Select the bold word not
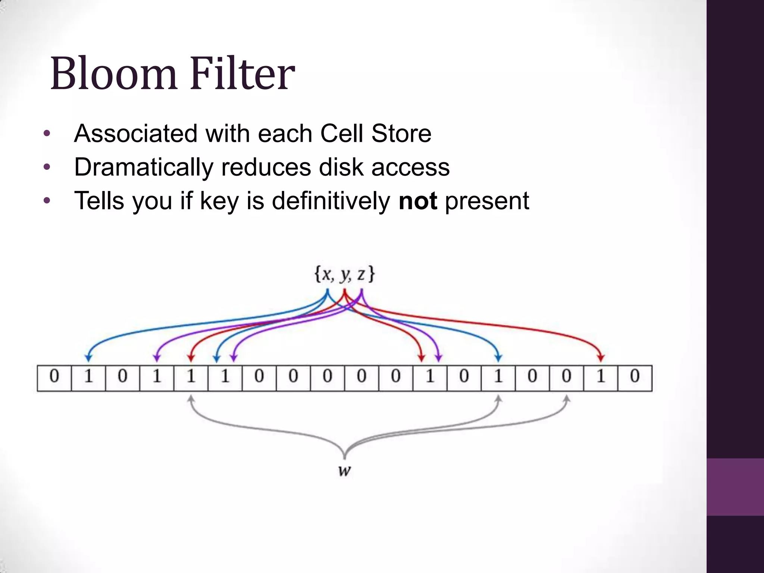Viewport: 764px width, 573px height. point(417,201)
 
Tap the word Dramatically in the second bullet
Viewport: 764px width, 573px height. point(144,167)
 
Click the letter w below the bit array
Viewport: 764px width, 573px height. point(344,471)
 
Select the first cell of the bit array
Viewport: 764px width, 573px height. point(54,378)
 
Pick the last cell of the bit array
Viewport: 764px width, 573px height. point(635,378)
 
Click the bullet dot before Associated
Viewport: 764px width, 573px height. point(47,134)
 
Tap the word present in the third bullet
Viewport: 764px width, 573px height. point(487,201)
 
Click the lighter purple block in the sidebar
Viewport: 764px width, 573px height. point(735,487)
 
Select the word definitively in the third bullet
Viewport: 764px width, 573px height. point(331,201)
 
